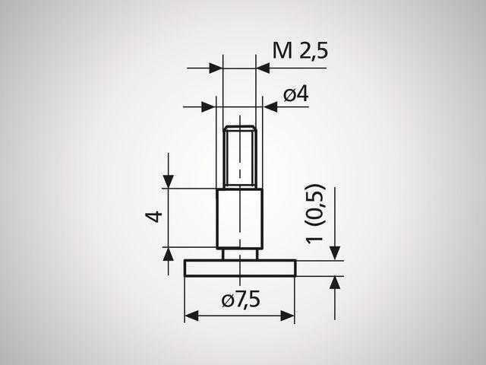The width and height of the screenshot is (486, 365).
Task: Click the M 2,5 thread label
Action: (302, 51)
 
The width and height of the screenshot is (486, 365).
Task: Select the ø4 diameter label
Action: (296, 95)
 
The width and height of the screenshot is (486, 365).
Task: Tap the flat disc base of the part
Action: (240, 268)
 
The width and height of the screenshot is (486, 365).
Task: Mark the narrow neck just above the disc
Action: (240, 253)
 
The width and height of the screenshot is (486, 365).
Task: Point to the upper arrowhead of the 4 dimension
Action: (169, 182)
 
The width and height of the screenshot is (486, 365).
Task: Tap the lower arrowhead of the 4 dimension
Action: (169, 253)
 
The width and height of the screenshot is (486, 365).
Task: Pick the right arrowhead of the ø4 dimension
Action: (270, 107)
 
